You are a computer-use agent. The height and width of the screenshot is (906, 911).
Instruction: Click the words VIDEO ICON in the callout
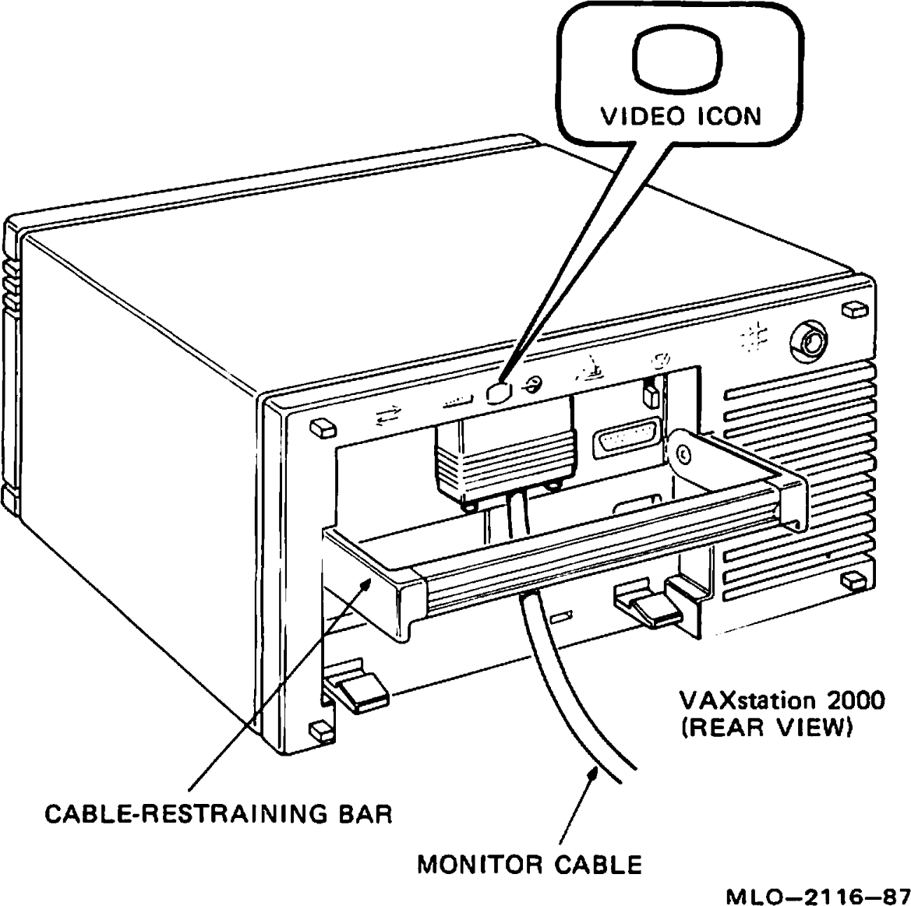[x=680, y=116]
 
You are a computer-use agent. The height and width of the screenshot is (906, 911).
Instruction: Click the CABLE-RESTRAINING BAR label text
[x=218, y=814]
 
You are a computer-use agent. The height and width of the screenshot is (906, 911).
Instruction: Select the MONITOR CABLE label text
[x=529, y=864]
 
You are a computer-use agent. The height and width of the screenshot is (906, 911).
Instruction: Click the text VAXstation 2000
[x=782, y=700]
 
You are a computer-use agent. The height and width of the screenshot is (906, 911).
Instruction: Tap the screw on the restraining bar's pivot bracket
[x=682, y=452]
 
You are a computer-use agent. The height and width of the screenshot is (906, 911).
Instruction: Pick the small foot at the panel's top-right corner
[x=855, y=310]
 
